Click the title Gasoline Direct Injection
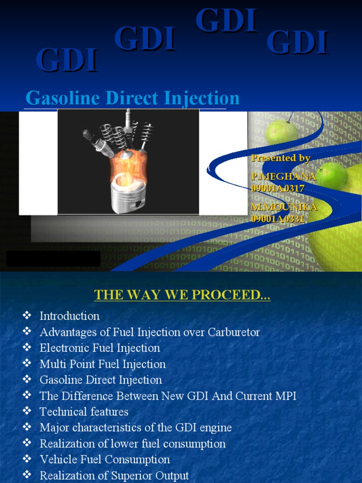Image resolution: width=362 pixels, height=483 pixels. click(x=132, y=99)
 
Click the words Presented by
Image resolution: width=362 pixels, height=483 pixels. click(x=280, y=158)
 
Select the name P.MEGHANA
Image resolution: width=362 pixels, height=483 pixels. click(x=283, y=176)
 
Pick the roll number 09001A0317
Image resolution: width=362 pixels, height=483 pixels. click(x=278, y=188)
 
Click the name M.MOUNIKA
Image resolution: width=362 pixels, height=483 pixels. click(x=284, y=208)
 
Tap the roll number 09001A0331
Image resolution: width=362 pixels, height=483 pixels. click(x=278, y=219)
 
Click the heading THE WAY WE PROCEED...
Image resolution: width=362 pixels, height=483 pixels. click(x=182, y=295)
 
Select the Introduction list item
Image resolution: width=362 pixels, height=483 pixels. click(x=69, y=316)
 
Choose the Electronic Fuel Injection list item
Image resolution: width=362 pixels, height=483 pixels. click(x=99, y=348)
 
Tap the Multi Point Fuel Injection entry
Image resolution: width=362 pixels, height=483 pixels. click(x=102, y=364)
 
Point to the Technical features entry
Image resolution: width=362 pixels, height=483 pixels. click(x=84, y=412)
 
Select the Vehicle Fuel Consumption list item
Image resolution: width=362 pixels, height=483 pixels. click(x=105, y=459)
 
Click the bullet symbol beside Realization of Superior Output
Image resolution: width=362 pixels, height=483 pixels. click(x=27, y=475)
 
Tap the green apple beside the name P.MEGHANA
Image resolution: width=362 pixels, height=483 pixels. click(x=332, y=175)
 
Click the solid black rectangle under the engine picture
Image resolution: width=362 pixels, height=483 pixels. click(x=53, y=258)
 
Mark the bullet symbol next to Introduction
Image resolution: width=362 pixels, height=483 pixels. click(x=27, y=316)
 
